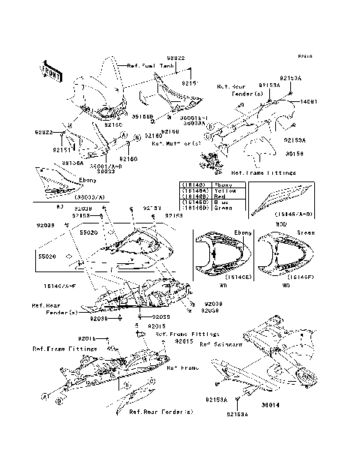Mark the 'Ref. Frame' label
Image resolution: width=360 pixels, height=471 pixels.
[x=181, y=367]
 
